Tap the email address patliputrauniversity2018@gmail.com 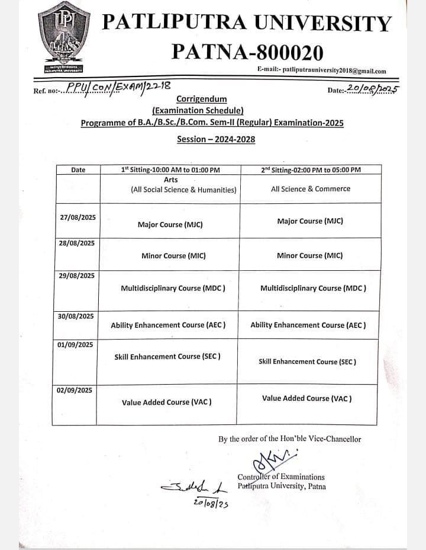[x=322, y=71]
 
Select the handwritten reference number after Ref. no [x=118, y=88]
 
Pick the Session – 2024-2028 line [x=216, y=139]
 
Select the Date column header [x=78, y=170]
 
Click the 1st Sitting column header [x=170, y=170]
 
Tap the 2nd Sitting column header [x=311, y=170]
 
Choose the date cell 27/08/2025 [x=78, y=218]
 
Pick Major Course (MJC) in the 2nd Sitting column [x=310, y=221]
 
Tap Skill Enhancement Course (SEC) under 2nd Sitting [x=308, y=362]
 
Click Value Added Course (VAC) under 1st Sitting [x=167, y=402]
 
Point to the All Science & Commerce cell [x=311, y=189]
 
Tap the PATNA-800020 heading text [x=247, y=52]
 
